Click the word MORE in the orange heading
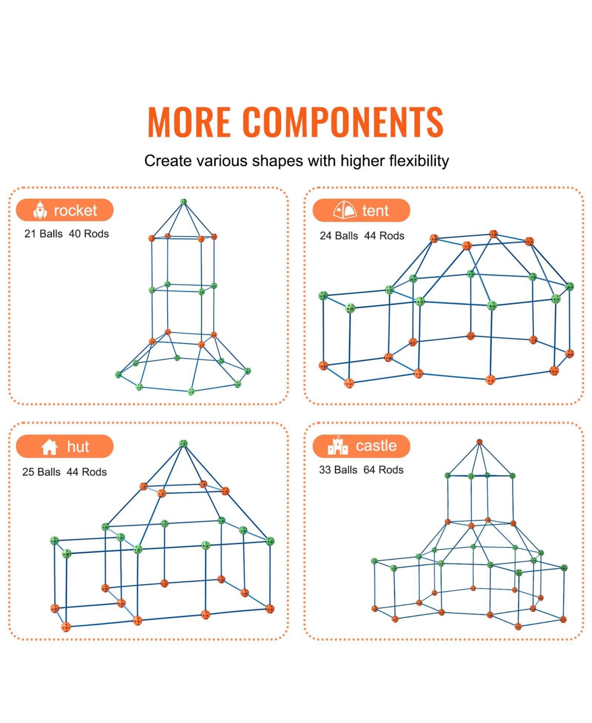(189, 122)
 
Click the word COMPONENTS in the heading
(343, 122)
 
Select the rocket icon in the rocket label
(40, 210)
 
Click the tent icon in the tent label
(345, 210)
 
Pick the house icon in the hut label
(49, 447)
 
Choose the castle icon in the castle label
(337, 445)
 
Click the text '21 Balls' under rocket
(43, 234)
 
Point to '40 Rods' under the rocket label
(89, 234)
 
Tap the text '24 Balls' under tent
(339, 236)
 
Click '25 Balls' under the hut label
(41, 472)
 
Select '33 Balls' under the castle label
(338, 470)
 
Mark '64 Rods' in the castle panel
(383, 470)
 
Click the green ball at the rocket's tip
(184, 202)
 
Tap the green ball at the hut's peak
(183, 444)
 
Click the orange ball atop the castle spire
(480, 442)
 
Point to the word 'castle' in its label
(376, 446)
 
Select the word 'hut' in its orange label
(78, 447)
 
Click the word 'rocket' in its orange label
(75, 211)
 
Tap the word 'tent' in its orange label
(375, 211)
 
